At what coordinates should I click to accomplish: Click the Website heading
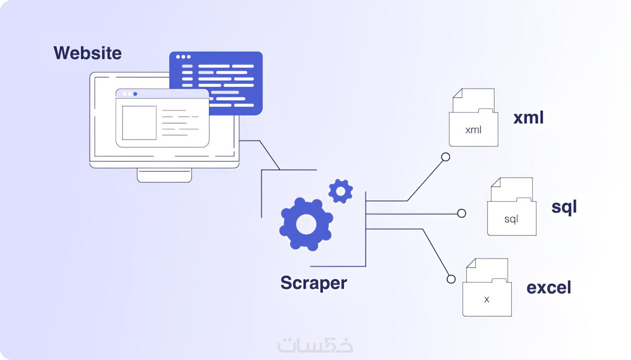point(88,53)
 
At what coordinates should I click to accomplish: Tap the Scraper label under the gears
point(314,283)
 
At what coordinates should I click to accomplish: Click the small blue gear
point(341,191)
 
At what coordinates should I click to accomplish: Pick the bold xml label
point(529,118)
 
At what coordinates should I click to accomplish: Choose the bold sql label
point(564,207)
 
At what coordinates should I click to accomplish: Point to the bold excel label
point(549,287)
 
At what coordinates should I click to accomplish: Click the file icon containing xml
point(473,118)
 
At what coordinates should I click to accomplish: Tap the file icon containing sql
point(511,206)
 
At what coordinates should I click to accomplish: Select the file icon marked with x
point(487,287)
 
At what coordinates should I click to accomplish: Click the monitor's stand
point(164,176)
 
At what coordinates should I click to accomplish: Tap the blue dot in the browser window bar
point(135,94)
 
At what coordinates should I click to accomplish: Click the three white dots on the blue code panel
point(183,57)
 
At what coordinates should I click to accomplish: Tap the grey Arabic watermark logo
point(315,345)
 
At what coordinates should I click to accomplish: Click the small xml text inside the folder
point(473,130)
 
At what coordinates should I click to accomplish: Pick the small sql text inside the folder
point(511,219)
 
